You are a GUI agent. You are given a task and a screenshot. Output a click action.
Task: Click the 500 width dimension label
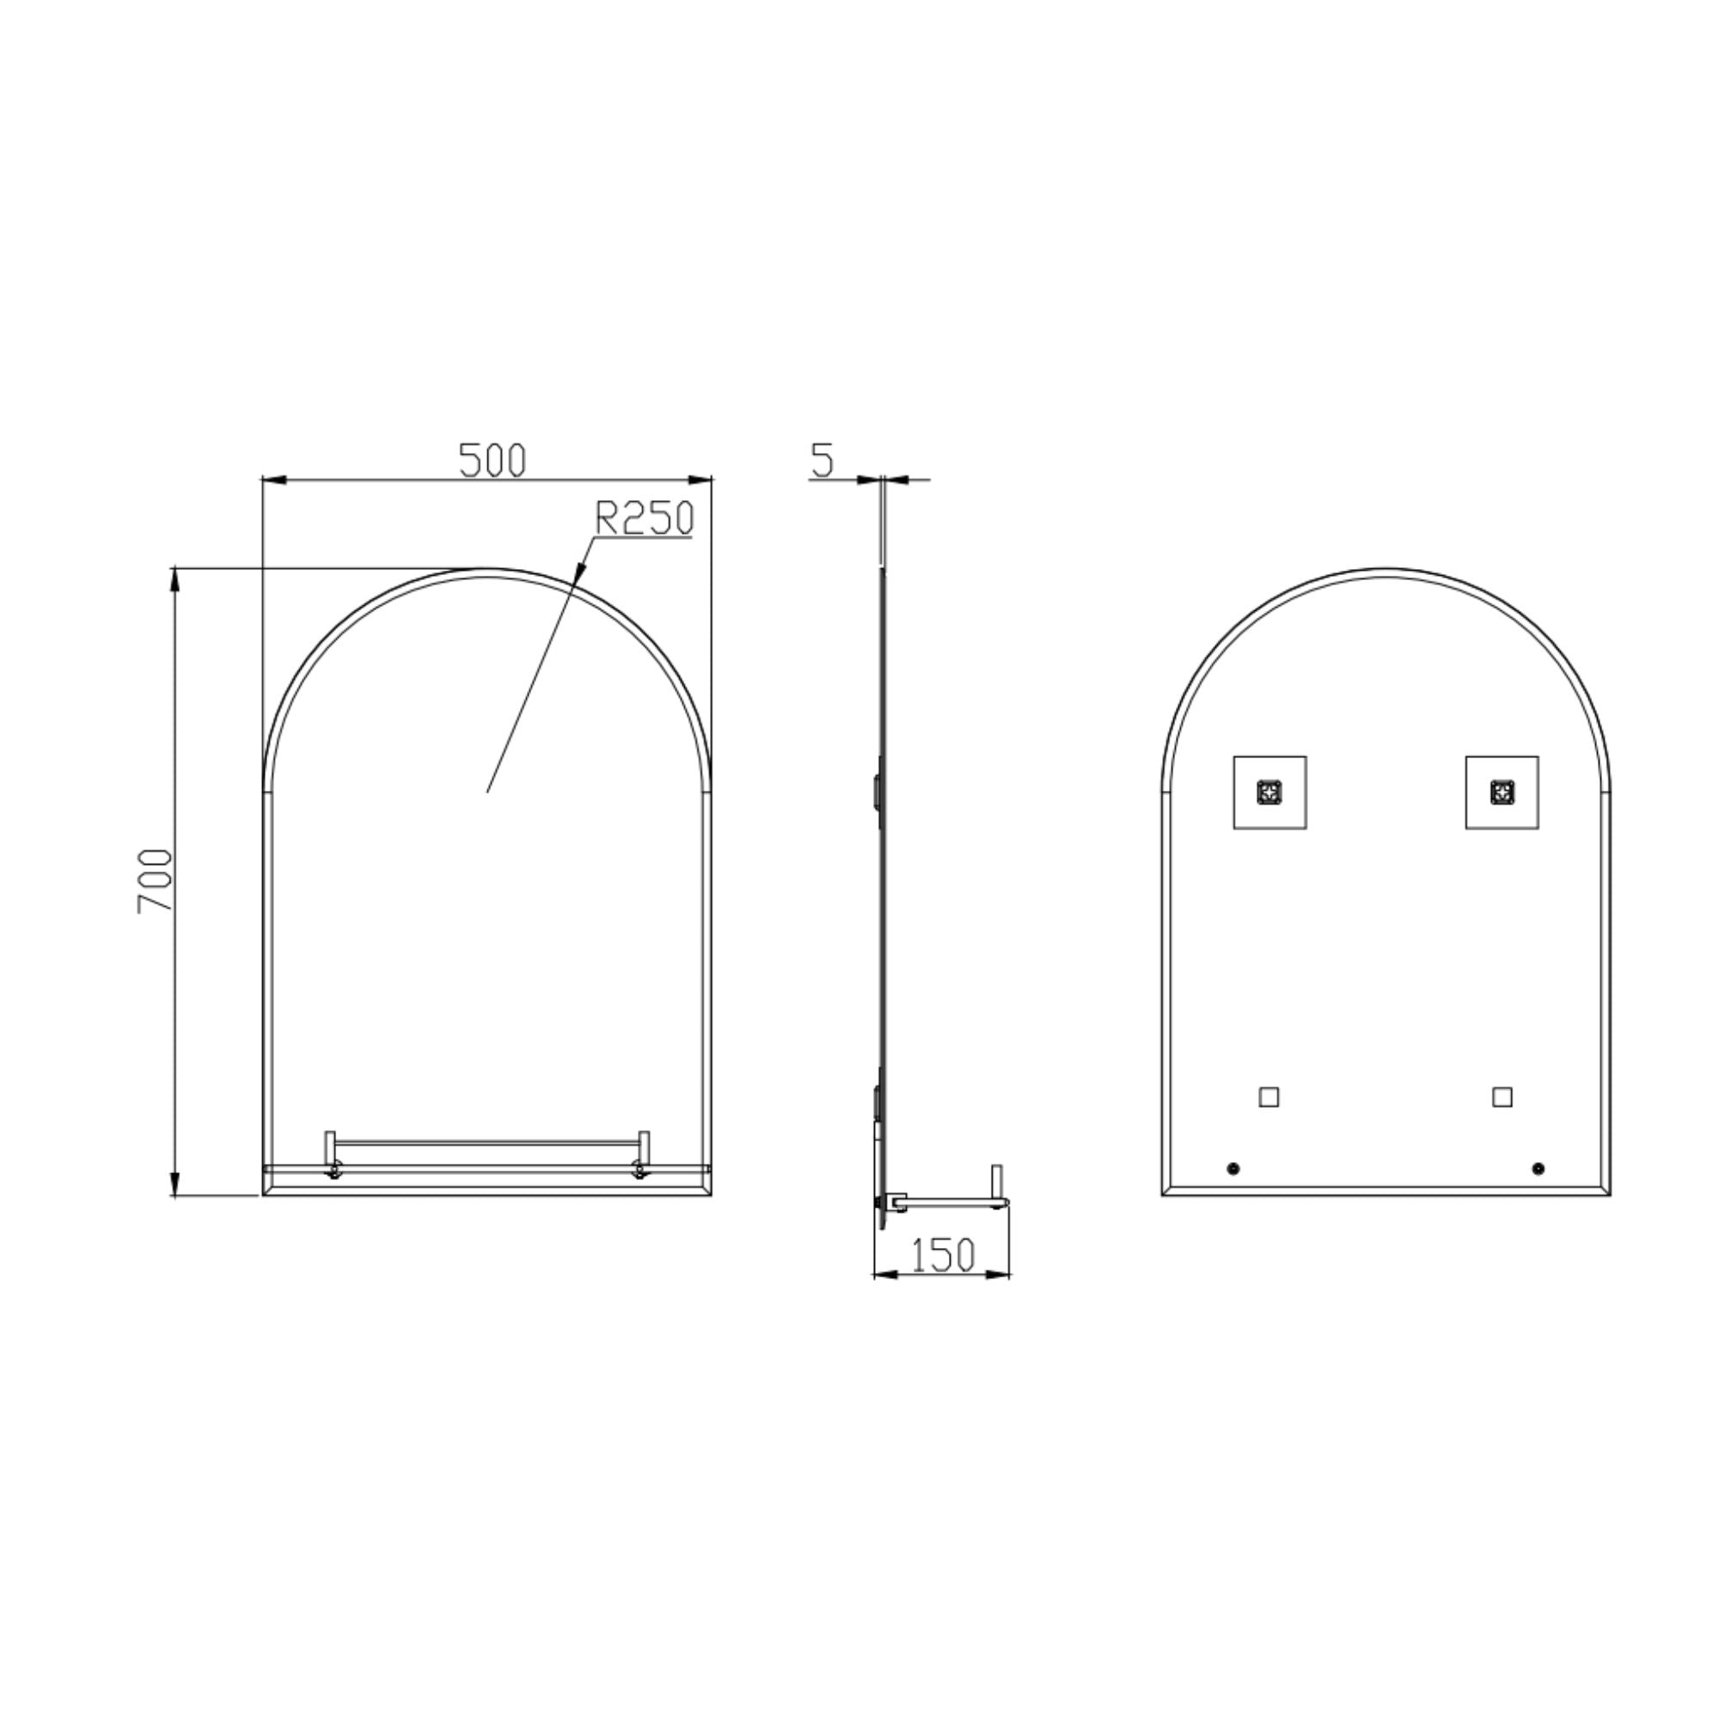tap(492, 460)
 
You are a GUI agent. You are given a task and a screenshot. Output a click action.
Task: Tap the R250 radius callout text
tap(643, 519)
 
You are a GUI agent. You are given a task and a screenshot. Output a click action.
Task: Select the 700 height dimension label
tap(154, 881)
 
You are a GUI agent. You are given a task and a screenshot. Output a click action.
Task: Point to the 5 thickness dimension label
tap(823, 460)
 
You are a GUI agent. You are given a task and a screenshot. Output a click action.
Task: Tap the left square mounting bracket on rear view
tap(1269, 792)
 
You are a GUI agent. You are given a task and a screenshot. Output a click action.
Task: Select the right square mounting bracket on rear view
tap(1502, 792)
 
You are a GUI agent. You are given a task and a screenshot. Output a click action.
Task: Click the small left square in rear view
tap(1269, 1097)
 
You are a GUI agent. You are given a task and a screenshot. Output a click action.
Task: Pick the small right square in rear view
tap(1502, 1097)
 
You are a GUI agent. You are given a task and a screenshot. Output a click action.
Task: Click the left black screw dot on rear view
tap(1233, 1168)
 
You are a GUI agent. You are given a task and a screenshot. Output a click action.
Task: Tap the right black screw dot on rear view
tap(1539, 1168)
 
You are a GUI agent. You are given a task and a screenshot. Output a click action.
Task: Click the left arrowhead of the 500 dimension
tap(272, 480)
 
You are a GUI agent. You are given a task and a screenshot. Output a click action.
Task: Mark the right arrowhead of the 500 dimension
tap(702, 480)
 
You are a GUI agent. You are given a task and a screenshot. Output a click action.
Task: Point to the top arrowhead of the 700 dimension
tap(174, 579)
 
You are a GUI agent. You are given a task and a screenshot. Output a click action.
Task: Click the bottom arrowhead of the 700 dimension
tap(174, 1185)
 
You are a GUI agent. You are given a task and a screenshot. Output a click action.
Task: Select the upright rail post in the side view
tap(996, 1180)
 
